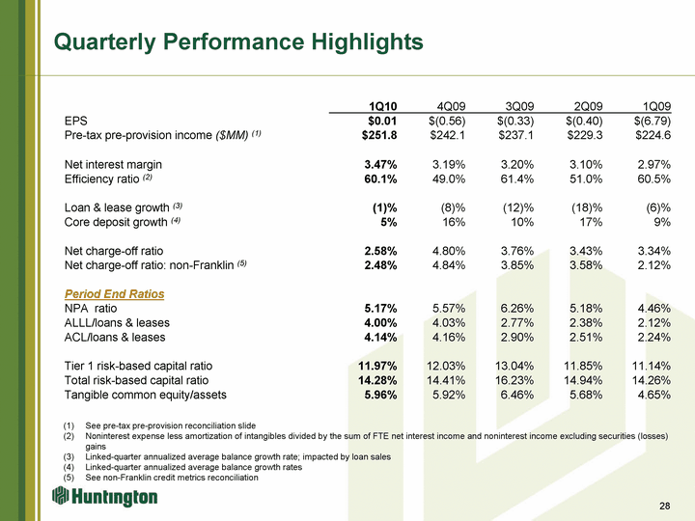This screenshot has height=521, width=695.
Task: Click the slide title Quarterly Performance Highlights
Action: [x=238, y=42]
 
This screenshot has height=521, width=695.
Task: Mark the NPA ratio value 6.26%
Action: [x=516, y=308]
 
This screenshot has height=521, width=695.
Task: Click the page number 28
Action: [x=664, y=507]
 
